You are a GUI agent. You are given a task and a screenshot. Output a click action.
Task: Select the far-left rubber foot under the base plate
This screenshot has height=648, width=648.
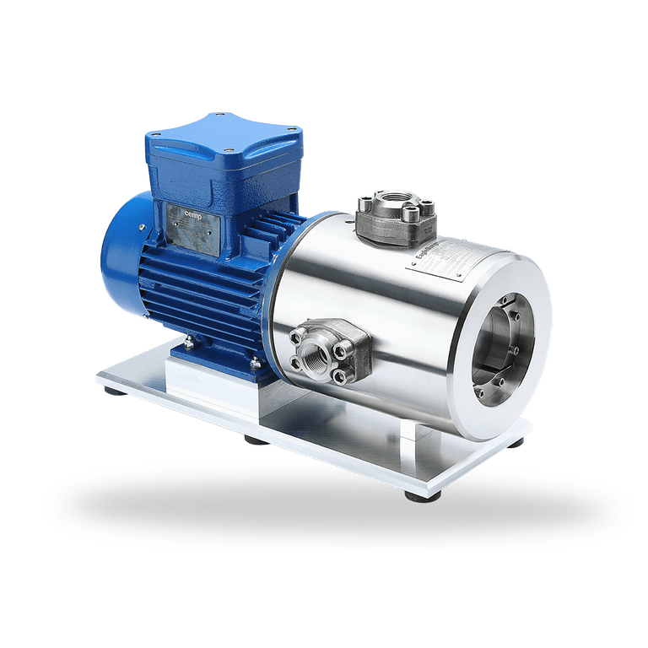click(112, 391)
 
